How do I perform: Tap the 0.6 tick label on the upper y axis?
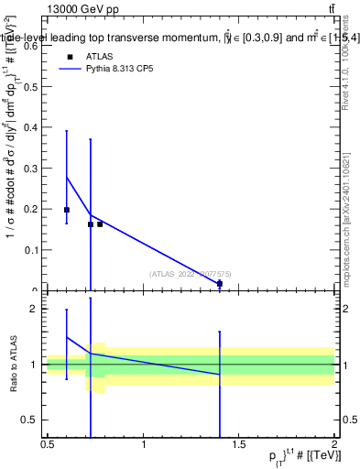coord(31,47)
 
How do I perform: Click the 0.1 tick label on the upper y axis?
coord(31,250)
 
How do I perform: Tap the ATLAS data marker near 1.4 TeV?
coord(220,284)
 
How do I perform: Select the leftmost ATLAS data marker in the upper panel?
coord(67,210)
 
